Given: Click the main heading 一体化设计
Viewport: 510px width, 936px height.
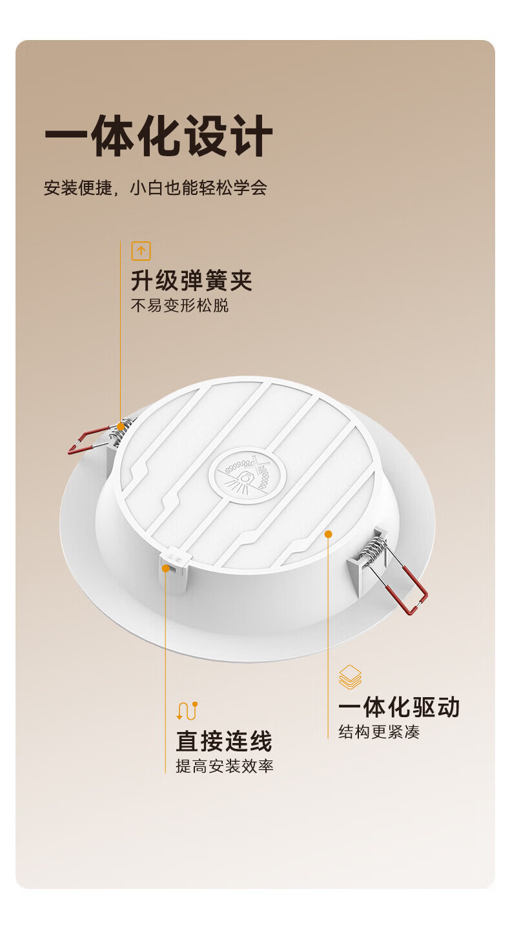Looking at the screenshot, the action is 158,136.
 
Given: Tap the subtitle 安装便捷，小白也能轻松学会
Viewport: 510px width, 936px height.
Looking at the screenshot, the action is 156,188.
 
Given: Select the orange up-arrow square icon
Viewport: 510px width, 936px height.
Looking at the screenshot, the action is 141,251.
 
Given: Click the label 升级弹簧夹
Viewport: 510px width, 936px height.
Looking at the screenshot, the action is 192,280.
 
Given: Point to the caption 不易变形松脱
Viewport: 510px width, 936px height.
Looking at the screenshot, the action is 179,305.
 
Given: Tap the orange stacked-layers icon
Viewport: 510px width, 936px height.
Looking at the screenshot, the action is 350,677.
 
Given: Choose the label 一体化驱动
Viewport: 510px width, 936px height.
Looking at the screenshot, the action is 399,707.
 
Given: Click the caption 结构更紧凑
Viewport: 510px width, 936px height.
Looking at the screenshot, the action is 379,731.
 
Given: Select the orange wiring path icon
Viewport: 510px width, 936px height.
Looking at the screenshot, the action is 187,711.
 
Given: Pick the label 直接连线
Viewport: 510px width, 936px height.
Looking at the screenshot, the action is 224,741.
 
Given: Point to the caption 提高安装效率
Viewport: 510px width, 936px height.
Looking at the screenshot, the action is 225,766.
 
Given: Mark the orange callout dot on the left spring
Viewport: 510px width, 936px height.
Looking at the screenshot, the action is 121,427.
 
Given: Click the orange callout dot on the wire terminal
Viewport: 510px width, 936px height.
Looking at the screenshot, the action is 165,568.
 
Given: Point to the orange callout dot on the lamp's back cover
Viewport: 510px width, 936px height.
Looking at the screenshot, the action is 328,534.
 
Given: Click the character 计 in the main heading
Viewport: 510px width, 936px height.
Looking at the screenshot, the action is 252,136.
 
